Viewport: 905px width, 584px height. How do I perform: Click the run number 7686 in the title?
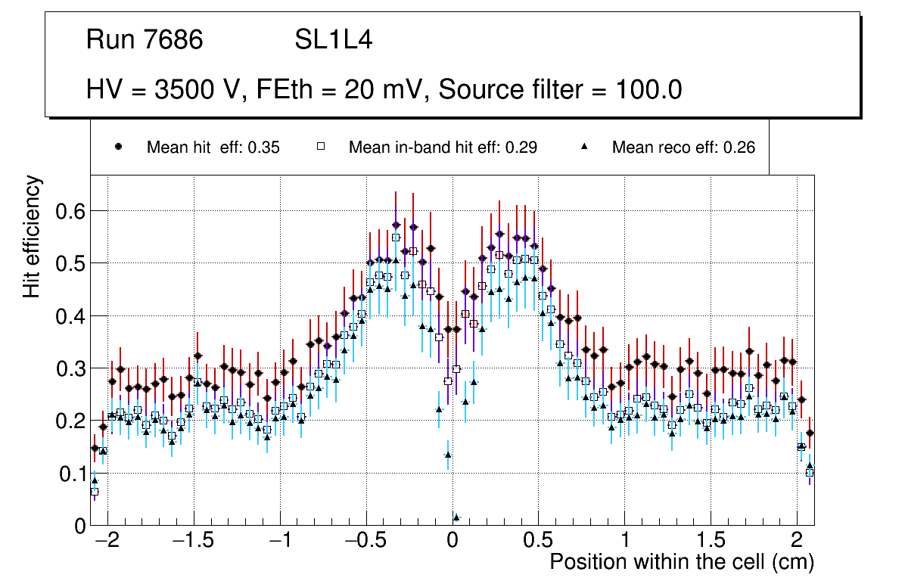click(x=175, y=40)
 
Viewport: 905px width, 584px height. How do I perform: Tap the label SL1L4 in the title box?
click(x=333, y=40)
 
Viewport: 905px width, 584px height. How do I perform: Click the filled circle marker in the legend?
click(x=118, y=148)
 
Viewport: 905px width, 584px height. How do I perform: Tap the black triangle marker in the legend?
click(x=584, y=148)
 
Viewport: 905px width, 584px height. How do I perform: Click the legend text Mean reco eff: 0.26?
click(x=683, y=148)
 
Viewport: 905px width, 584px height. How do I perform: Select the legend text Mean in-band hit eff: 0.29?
click(x=443, y=148)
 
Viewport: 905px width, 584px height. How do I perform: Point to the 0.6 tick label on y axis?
click(x=70, y=211)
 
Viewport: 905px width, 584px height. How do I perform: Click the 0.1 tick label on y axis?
click(x=70, y=474)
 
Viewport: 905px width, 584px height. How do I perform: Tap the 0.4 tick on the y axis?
click(x=70, y=316)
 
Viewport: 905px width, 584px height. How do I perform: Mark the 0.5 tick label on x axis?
click(x=538, y=542)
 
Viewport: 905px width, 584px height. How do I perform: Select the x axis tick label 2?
click(x=797, y=542)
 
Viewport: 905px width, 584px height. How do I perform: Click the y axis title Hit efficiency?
click(x=33, y=236)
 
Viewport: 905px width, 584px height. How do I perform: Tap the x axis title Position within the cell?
click(x=681, y=562)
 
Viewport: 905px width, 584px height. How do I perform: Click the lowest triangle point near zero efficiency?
click(x=456, y=517)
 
